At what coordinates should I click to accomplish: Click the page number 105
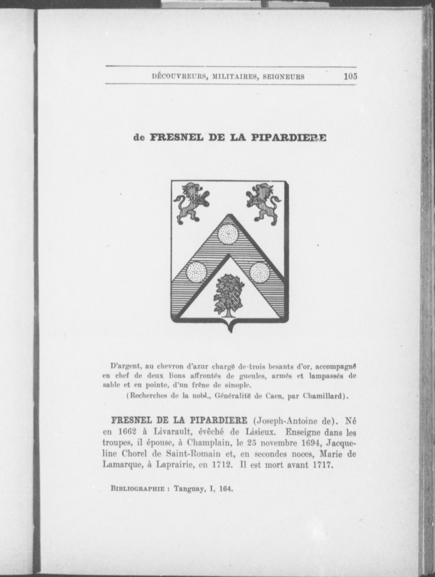point(350,76)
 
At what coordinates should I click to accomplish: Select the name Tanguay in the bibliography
point(189,489)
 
